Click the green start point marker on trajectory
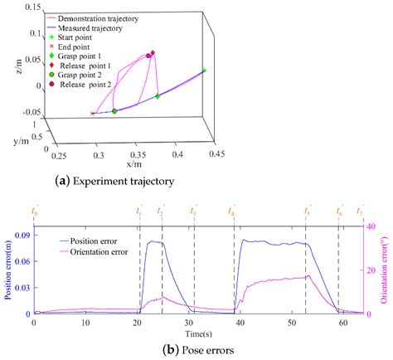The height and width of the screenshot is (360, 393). [x=204, y=71]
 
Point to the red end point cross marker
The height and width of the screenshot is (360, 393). [x=92, y=114]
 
